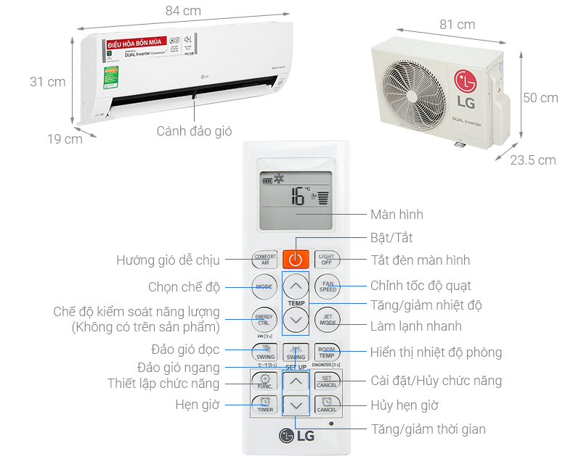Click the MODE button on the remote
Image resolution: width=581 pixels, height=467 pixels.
pyautogui.click(x=263, y=287)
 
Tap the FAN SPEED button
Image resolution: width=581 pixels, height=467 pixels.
pyautogui.click(x=328, y=287)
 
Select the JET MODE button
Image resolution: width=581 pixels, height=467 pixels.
pyautogui.click(x=328, y=320)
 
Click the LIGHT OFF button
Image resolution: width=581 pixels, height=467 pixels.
pyautogui.click(x=328, y=259)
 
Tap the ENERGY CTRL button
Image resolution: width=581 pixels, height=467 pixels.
pyautogui.click(x=263, y=320)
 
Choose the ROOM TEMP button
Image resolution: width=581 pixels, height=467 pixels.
pyautogui.click(x=328, y=352)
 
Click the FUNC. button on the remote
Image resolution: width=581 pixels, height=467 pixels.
pyautogui.click(x=263, y=381)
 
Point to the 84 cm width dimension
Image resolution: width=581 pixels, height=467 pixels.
pyautogui.click(x=183, y=11)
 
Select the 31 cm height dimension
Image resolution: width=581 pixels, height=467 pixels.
pyautogui.click(x=47, y=82)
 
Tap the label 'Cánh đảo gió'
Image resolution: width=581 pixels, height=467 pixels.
pyautogui.click(x=194, y=131)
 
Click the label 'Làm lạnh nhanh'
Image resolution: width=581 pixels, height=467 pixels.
pyautogui.click(x=416, y=326)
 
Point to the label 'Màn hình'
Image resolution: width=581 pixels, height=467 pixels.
pyautogui.click(x=397, y=215)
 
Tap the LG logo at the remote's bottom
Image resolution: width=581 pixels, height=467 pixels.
pyautogui.click(x=296, y=435)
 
